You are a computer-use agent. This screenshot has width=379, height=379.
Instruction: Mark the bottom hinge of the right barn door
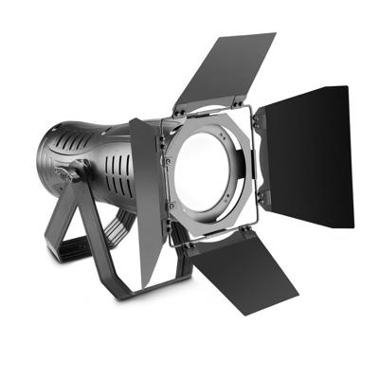click(262, 199)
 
